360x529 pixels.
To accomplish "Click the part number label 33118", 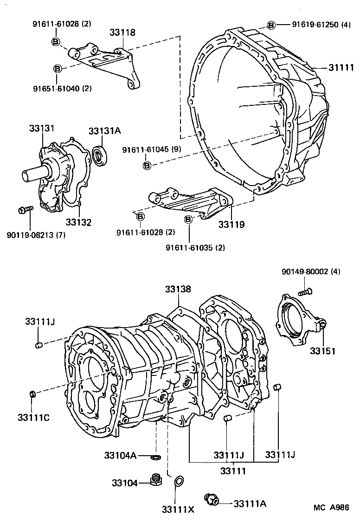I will (122, 32).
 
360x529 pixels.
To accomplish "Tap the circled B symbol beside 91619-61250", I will (271, 25).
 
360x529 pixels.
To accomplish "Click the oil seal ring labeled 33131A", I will (100, 155).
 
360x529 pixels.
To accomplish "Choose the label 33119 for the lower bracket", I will (232, 224).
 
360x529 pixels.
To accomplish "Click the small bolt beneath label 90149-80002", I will (304, 291).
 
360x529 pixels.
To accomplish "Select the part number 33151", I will (323, 351).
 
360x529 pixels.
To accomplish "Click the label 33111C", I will (33, 417).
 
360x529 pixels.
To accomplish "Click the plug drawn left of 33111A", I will (212, 500).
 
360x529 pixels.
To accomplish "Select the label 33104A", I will (120, 456).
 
